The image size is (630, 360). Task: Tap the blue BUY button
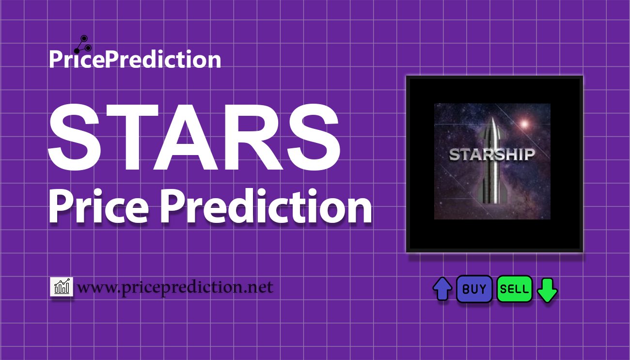(474, 289)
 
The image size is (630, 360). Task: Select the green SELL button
(514, 289)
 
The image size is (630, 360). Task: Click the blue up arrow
(442, 289)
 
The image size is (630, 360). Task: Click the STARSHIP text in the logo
(491, 155)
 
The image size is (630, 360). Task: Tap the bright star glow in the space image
(523, 124)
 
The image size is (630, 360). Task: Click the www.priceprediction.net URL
(175, 287)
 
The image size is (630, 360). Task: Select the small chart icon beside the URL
(62, 287)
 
